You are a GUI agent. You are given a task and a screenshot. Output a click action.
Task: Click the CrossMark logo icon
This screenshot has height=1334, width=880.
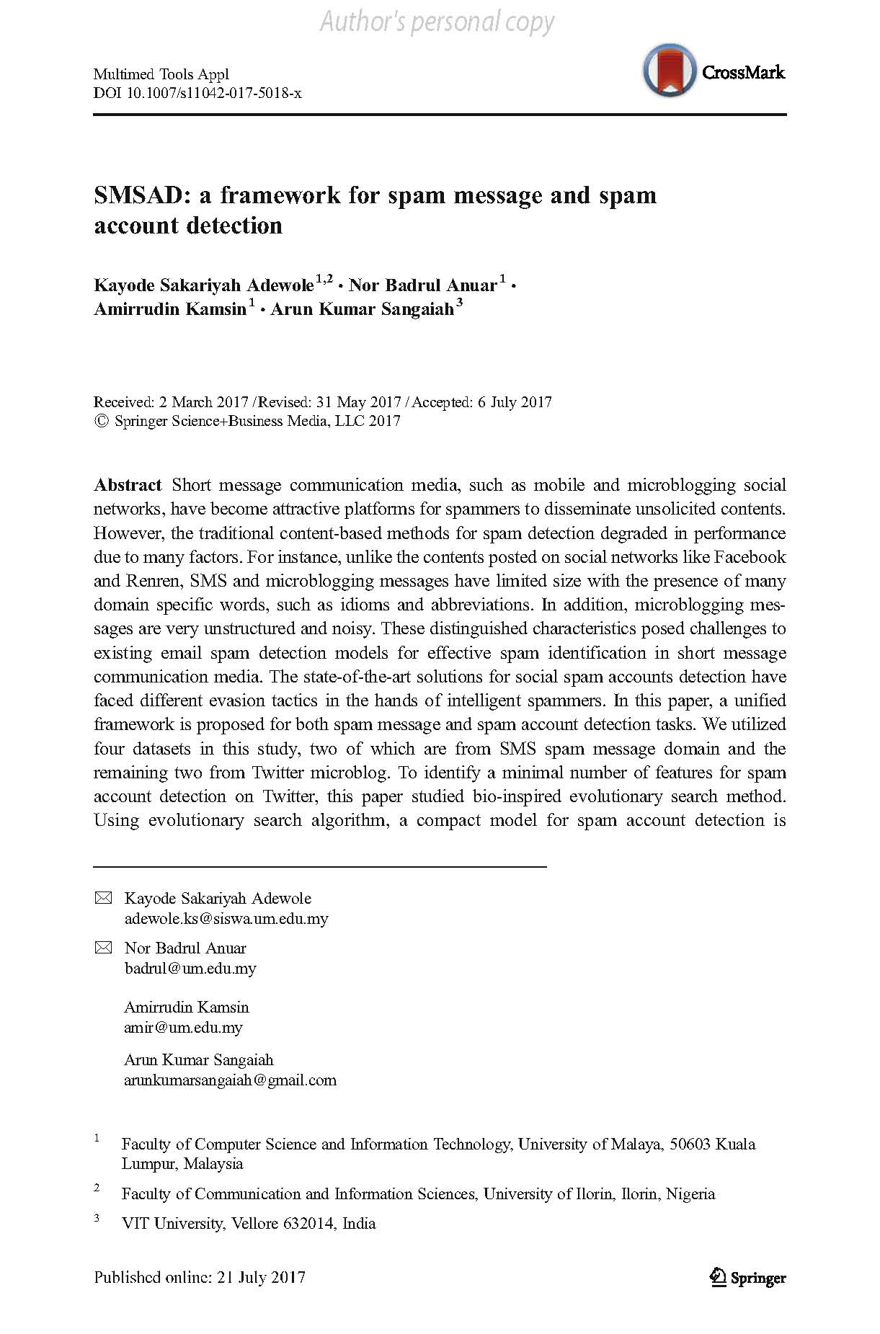(x=670, y=71)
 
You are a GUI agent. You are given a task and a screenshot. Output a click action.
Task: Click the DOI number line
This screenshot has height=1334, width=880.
(x=197, y=93)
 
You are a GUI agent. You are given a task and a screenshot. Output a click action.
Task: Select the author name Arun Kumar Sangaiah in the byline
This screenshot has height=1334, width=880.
(x=362, y=310)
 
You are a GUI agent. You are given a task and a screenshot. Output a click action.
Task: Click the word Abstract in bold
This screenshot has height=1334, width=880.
(x=128, y=485)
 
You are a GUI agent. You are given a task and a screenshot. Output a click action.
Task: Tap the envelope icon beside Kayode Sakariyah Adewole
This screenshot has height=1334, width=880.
(x=104, y=898)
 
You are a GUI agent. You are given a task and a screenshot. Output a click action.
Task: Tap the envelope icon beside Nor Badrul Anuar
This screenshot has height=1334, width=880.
(x=104, y=948)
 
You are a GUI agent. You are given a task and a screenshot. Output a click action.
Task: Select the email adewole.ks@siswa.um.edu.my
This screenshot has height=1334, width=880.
(x=226, y=918)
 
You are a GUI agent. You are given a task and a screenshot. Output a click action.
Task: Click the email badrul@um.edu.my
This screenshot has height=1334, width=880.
(x=190, y=968)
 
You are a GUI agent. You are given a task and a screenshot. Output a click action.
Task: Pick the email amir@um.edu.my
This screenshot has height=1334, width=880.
(x=183, y=1027)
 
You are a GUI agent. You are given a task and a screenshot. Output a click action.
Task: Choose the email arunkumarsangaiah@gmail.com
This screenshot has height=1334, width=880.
(x=230, y=1080)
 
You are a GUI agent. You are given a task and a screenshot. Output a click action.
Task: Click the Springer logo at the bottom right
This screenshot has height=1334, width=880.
(x=748, y=1278)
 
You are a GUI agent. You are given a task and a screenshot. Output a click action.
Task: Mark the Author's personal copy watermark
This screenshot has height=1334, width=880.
(x=437, y=22)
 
